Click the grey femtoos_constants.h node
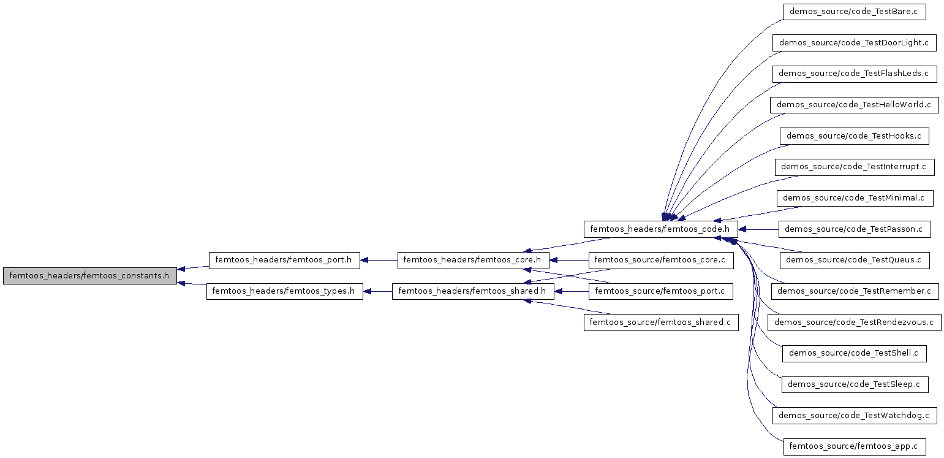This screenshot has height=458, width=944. pos(90,276)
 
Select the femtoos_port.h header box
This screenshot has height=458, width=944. pos(284,260)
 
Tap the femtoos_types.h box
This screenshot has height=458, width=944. pos(284,291)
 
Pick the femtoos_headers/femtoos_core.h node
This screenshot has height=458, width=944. pos(474,260)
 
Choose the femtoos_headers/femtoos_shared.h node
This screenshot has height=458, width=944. pos(473,291)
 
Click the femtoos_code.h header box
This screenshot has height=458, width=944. pos(660,229)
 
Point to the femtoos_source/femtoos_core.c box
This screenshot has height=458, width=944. pos(661,260)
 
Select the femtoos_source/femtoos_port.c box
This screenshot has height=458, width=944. pos(660,291)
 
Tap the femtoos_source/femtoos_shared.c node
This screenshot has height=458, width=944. pos(661,323)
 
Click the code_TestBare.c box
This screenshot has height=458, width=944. pos(854,12)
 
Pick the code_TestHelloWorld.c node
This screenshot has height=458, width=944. pos(854,105)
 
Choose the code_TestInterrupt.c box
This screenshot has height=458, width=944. pos(854,167)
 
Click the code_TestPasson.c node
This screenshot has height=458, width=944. pos(854,229)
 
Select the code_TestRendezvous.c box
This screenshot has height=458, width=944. pos(854,323)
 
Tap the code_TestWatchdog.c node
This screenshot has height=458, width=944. pos(854,416)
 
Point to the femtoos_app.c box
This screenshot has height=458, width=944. pos(854,447)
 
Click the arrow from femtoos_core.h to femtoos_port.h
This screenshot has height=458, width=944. pos(379,260)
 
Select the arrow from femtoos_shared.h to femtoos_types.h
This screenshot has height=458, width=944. pos(377,291)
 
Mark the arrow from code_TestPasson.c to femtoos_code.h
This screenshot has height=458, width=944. pos(758,229)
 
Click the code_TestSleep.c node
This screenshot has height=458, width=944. pos(854,384)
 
